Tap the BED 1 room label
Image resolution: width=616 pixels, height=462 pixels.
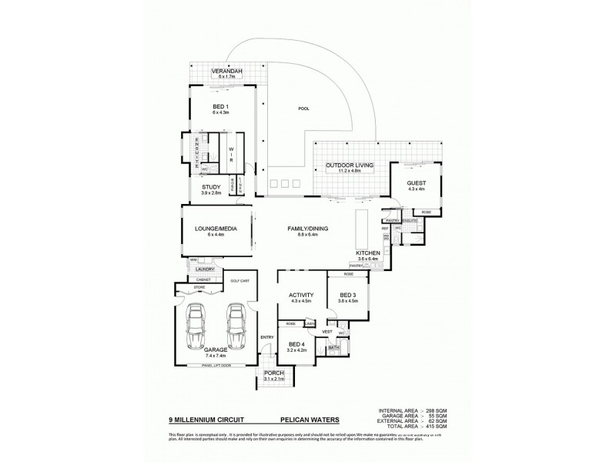coord(221,107)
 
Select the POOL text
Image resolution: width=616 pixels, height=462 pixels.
coord(303,109)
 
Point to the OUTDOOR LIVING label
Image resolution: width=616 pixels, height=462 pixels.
coord(350,166)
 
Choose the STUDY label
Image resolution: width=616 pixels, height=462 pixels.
coord(211,187)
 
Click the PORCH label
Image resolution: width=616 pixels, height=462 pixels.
coord(273,373)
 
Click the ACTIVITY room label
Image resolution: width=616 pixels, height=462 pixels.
coord(300,294)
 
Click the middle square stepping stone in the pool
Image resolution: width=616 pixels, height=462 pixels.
coord(286,183)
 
